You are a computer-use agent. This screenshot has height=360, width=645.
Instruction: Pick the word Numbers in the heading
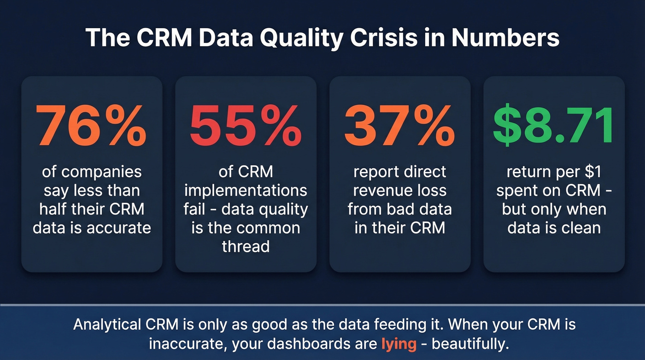[505, 38]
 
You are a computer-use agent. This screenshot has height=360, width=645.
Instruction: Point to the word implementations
[246, 190]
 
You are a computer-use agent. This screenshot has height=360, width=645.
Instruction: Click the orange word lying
[399, 344]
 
